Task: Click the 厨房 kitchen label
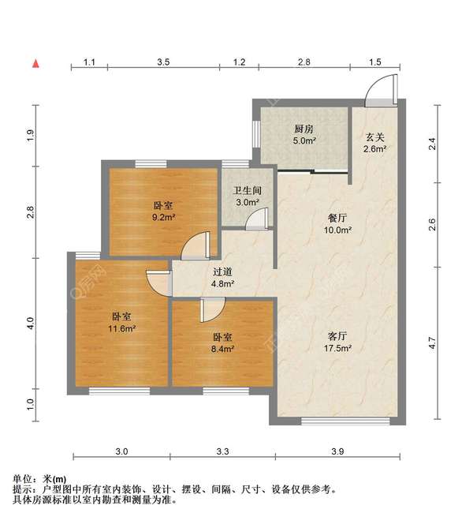pyautogui.click(x=305, y=129)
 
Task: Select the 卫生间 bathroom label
pyautogui.click(x=247, y=189)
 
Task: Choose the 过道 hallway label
pyautogui.click(x=222, y=271)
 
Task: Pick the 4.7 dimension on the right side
pyautogui.click(x=432, y=343)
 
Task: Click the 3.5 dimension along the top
pyautogui.click(x=163, y=62)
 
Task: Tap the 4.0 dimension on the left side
pyautogui.click(x=31, y=323)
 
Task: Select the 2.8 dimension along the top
pyautogui.click(x=304, y=62)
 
